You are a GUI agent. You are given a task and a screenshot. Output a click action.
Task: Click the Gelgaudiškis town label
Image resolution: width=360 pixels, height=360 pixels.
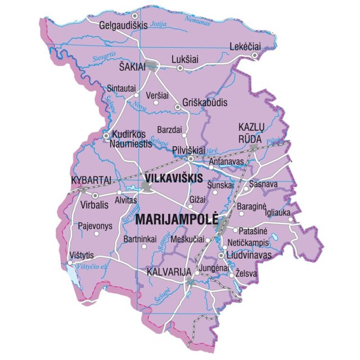pos(122,25)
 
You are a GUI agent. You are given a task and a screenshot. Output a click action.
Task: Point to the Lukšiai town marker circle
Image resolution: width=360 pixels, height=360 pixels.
pos(180,68)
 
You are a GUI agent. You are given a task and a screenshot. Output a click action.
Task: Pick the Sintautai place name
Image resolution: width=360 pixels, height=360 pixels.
pos(121,88)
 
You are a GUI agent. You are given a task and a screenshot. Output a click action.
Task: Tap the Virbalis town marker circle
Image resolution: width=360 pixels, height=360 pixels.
pos(94,195)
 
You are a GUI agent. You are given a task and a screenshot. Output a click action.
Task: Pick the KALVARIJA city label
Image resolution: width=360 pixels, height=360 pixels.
pos(168,272)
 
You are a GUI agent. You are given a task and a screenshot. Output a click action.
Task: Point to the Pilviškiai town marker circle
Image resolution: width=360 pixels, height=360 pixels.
pos(191,159)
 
